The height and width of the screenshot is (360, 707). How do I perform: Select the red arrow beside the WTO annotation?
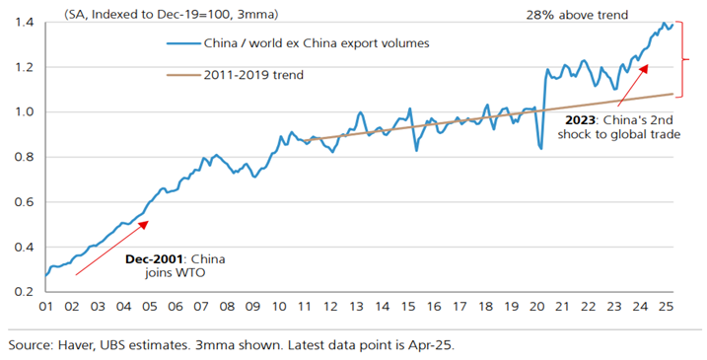click(111, 246)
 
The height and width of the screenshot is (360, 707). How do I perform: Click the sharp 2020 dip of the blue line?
click(540, 148)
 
